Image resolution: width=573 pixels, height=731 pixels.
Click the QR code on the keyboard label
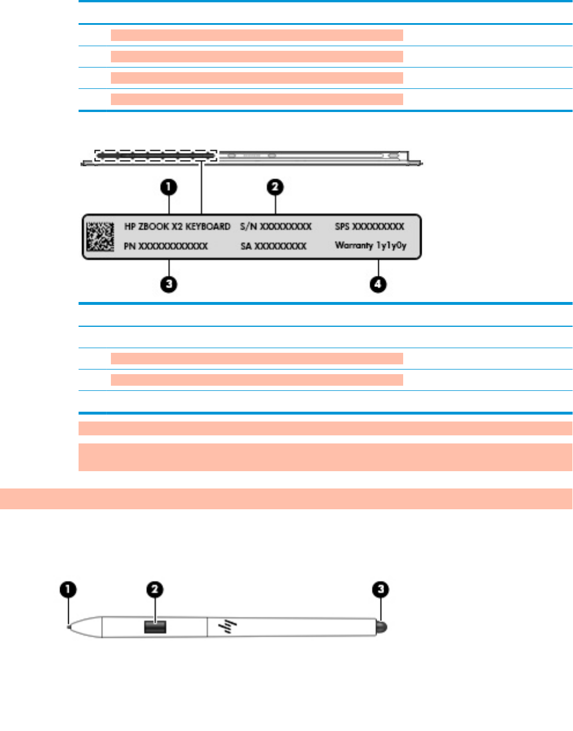click(x=101, y=236)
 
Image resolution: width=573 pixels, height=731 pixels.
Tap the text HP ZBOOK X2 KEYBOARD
click(x=177, y=227)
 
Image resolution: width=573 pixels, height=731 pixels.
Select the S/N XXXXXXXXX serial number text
click(x=276, y=227)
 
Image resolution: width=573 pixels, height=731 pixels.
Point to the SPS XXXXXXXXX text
click(x=370, y=227)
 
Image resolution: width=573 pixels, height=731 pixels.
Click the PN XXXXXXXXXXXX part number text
click(x=166, y=247)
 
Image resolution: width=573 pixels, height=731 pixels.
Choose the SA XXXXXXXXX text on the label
click(x=273, y=247)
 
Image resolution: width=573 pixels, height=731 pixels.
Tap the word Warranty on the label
click(x=354, y=245)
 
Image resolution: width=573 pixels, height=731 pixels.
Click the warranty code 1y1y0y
click(x=392, y=245)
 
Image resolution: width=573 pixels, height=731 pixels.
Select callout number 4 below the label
click(x=378, y=284)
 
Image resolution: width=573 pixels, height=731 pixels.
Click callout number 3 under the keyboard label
click(x=169, y=284)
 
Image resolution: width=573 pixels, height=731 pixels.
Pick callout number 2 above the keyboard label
click(x=276, y=187)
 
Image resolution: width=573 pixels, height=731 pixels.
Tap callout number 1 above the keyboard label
click(x=169, y=187)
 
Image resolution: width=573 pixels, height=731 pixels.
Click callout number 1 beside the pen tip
click(x=68, y=590)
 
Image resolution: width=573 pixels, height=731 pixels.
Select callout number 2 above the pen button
click(x=155, y=590)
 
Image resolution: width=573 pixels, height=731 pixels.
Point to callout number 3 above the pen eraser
click(x=380, y=590)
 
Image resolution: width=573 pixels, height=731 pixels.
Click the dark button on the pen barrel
click(x=155, y=626)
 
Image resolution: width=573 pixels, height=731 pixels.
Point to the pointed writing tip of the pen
click(x=69, y=625)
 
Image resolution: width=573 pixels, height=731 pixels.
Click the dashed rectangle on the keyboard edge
click(x=156, y=155)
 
